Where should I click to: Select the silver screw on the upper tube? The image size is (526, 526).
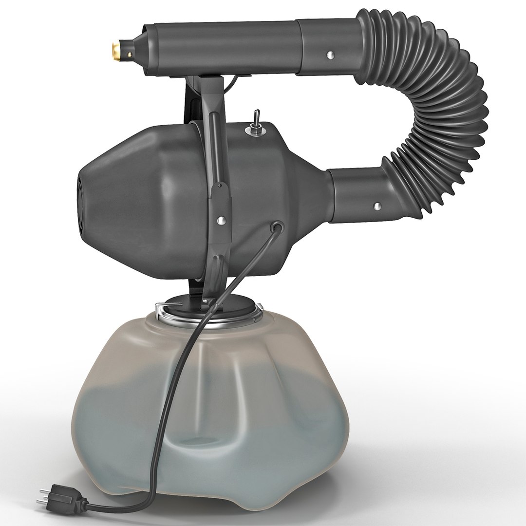[331, 55]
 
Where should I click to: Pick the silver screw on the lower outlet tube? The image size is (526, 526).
[377, 206]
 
